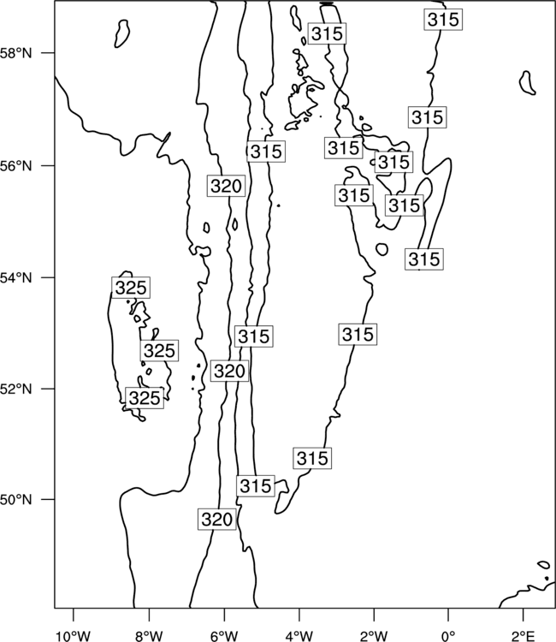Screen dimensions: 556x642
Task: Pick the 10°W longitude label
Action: click(74, 636)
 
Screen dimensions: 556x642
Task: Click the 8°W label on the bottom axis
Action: click(149, 636)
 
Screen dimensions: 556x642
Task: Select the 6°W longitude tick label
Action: click(224, 636)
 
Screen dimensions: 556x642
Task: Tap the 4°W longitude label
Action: click(299, 636)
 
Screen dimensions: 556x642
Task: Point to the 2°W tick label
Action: click(374, 636)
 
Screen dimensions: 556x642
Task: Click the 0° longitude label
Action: click(448, 636)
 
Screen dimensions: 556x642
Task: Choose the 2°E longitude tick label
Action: click(523, 636)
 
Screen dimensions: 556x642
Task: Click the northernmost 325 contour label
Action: click(131, 288)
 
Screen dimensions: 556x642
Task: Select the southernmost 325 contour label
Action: click(145, 398)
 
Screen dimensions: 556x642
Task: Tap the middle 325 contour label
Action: click(160, 350)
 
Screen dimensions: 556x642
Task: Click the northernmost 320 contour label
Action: click(226, 187)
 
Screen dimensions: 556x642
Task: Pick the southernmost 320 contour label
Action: click(217, 520)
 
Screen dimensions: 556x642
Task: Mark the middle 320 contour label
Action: click(229, 371)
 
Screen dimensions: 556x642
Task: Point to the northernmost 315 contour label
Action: click(443, 19)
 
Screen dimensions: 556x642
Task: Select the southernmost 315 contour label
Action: click(256, 486)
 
